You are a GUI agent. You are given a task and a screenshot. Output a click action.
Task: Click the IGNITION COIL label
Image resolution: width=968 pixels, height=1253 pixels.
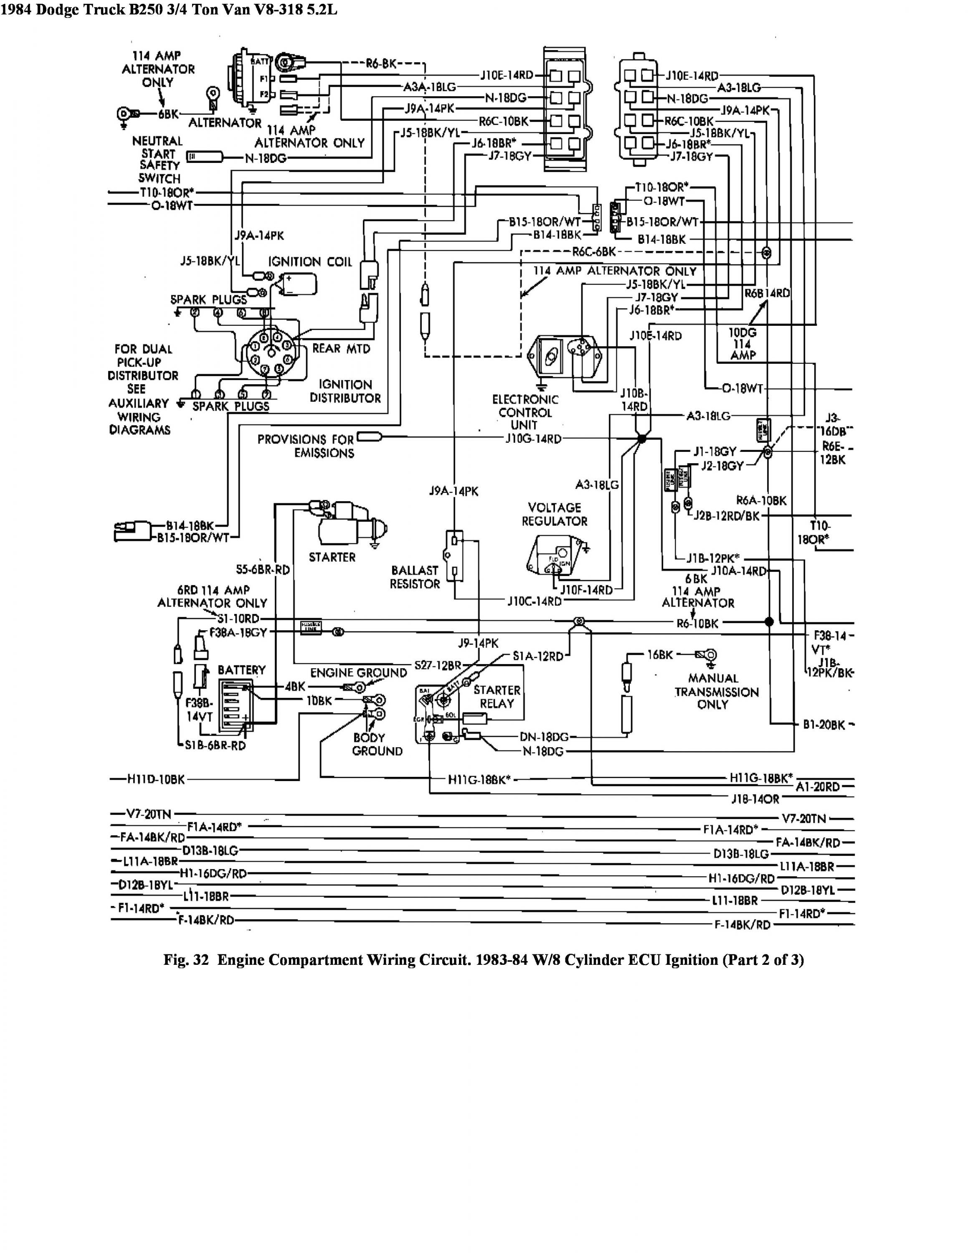(310, 261)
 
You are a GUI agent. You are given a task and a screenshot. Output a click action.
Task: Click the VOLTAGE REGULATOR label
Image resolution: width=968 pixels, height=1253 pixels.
(554, 514)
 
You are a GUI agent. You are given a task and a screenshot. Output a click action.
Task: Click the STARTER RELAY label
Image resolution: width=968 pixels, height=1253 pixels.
(497, 697)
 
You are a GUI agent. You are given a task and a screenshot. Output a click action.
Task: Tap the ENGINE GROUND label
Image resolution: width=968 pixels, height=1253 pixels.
(358, 672)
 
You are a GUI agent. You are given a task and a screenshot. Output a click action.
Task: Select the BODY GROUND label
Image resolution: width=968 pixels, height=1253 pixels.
(377, 744)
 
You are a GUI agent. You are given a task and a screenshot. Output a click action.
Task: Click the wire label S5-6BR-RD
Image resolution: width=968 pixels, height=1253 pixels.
(263, 570)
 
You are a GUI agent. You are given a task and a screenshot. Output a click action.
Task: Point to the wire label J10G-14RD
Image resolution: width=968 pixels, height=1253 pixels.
(533, 439)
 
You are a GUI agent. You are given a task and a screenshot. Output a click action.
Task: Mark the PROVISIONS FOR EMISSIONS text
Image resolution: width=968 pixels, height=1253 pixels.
(306, 446)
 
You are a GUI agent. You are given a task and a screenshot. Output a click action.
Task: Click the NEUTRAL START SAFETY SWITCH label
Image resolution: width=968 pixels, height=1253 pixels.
(157, 160)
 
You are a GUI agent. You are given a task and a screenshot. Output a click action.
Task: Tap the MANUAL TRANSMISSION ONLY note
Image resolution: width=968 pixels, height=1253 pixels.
(716, 691)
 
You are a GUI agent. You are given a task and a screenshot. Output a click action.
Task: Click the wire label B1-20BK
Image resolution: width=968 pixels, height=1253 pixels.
(824, 725)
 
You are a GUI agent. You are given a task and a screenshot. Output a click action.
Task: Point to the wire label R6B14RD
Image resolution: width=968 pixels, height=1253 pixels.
(767, 293)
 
